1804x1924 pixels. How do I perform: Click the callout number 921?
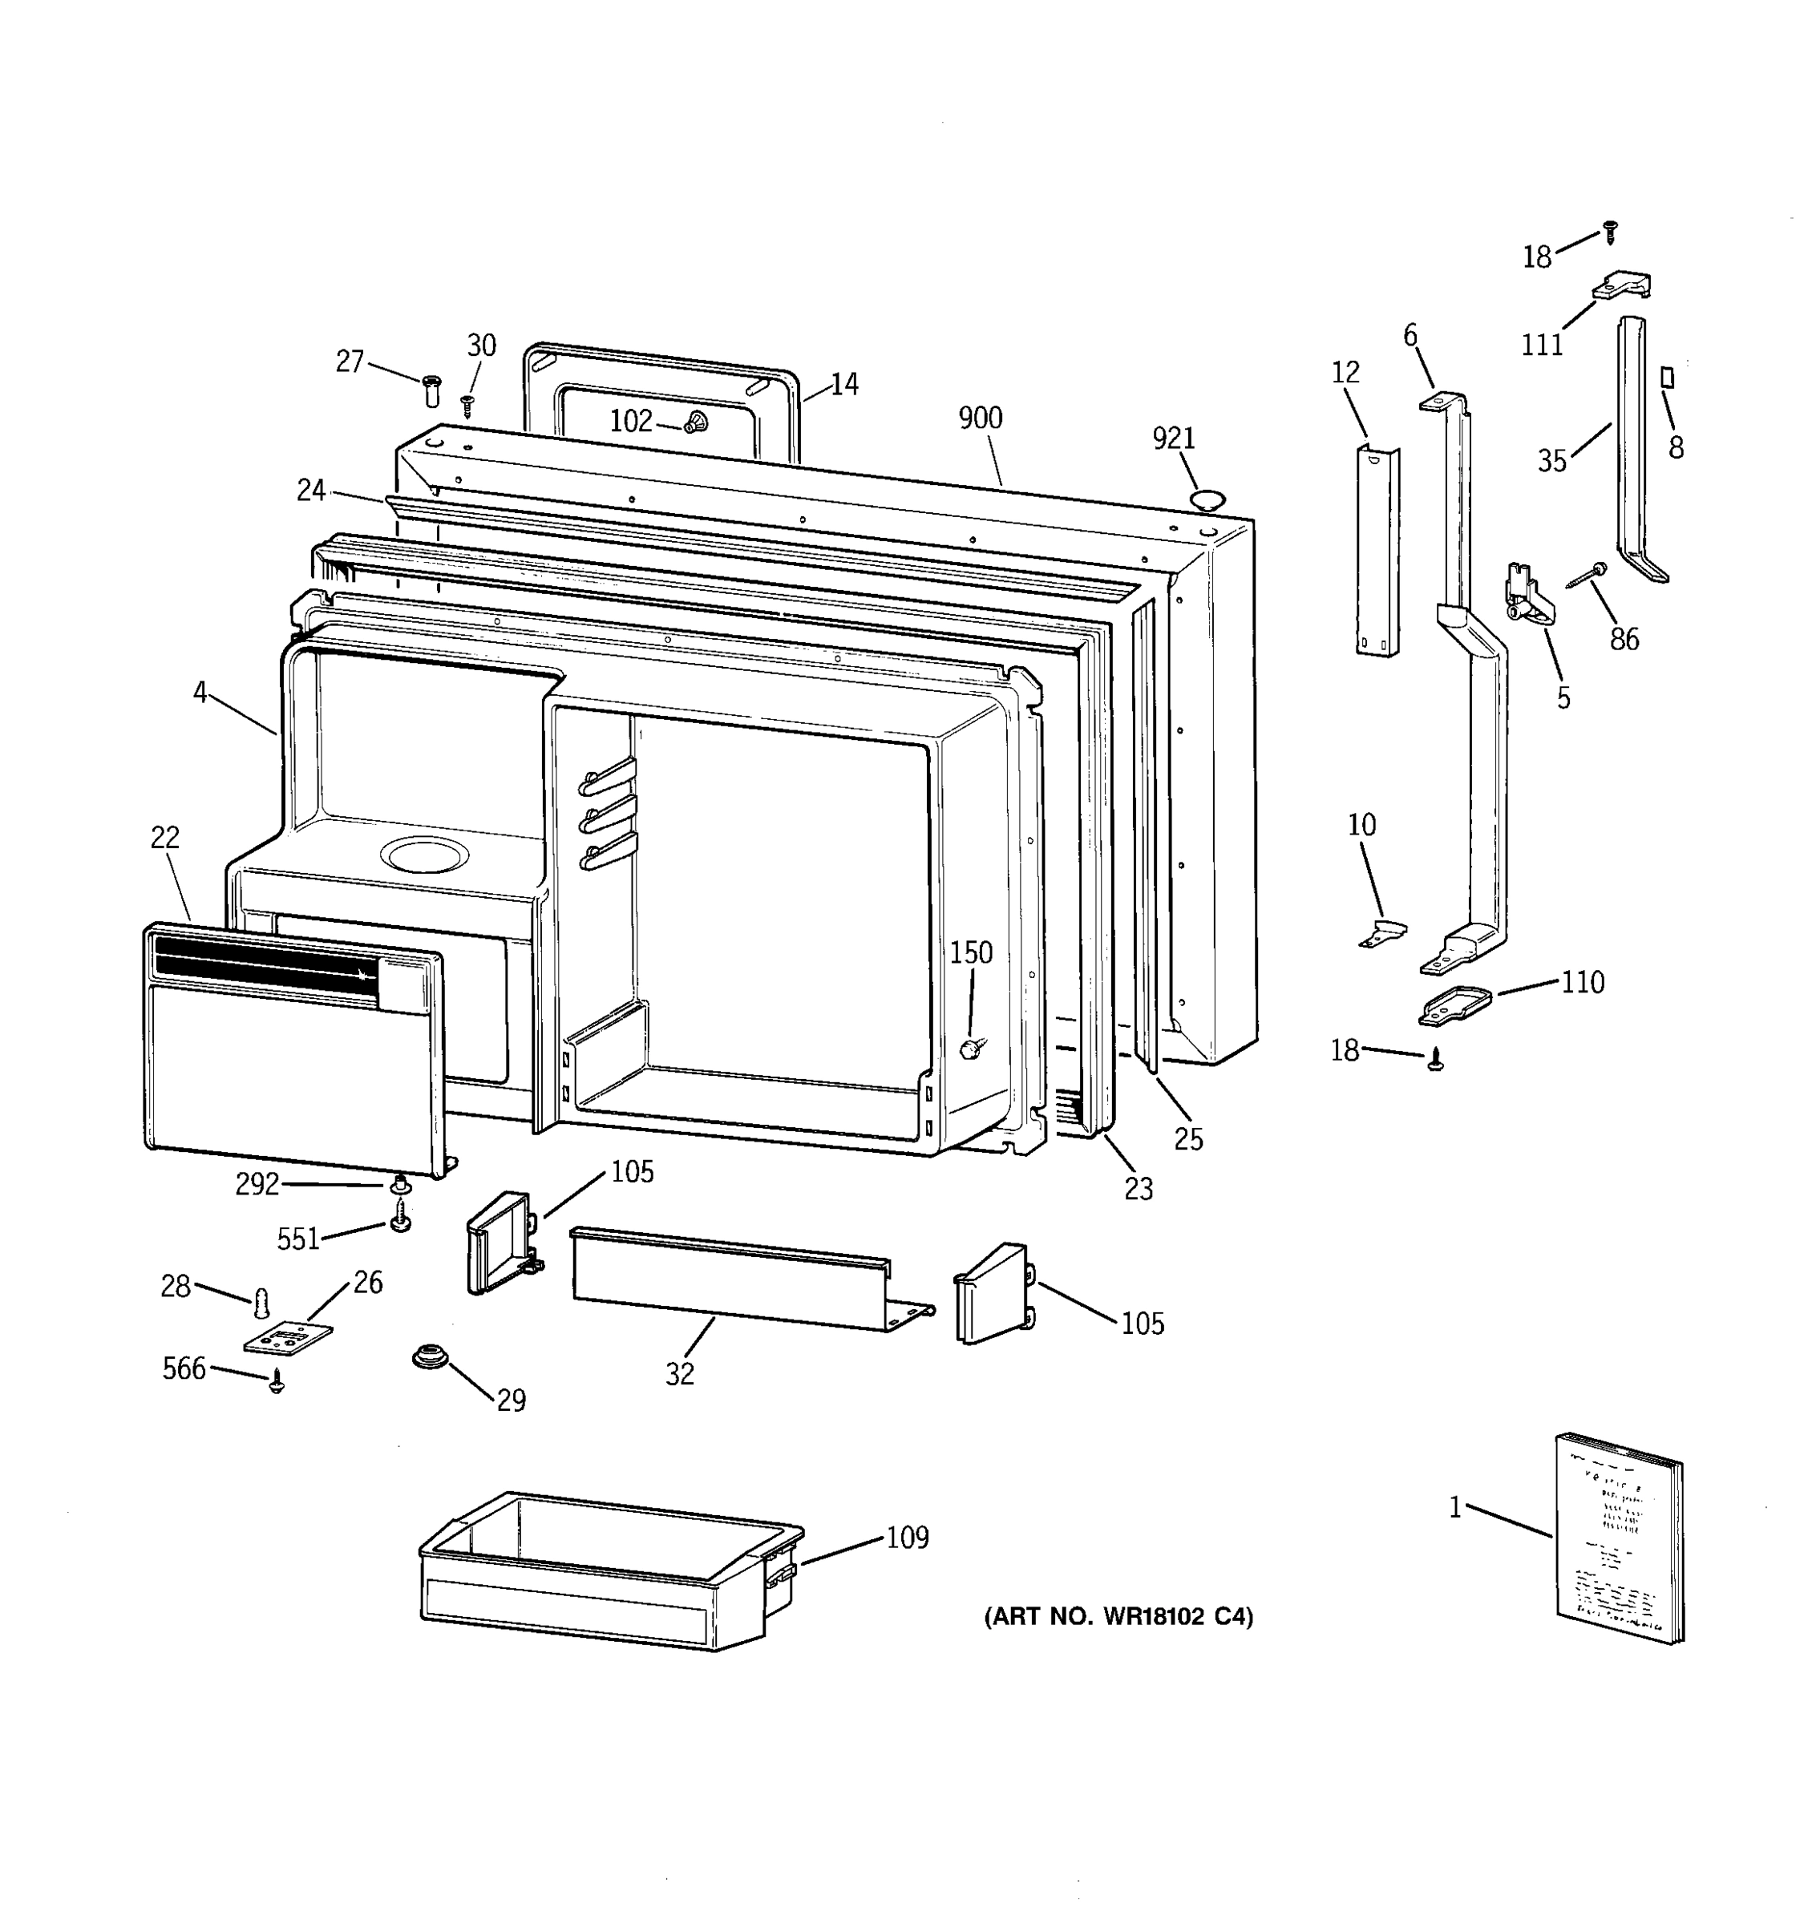tap(1173, 439)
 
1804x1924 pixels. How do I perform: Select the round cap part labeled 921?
tap(1207, 500)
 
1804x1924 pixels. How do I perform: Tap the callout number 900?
tap(980, 418)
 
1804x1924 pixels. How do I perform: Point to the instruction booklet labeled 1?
tap(1618, 1539)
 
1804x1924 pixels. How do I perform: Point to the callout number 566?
tap(184, 1368)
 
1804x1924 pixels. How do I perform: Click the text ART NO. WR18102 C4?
tap(1118, 1616)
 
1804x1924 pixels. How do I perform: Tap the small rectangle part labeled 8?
tap(1668, 377)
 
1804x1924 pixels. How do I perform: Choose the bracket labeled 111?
tap(1623, 288)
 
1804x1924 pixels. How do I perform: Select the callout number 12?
tap(1345, 372)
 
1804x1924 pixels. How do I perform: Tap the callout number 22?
tap(164, 837)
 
